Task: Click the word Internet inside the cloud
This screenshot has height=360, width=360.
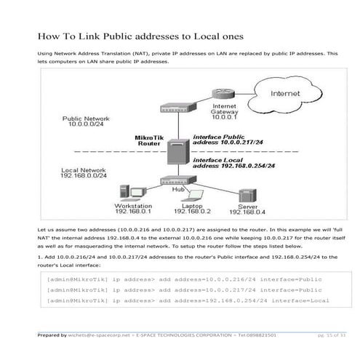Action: [284, 94]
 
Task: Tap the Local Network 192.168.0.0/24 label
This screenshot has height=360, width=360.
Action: [84, 172]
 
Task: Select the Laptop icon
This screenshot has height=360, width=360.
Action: [191, 196]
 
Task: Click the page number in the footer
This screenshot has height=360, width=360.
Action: [331, 335]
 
